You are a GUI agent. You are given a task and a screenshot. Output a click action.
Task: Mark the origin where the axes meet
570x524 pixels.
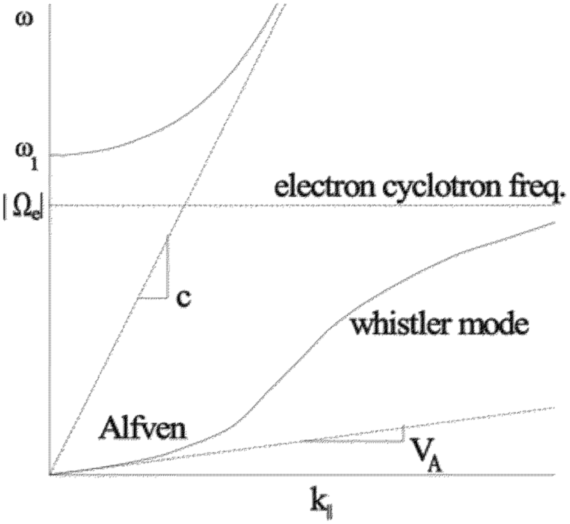point(50,474)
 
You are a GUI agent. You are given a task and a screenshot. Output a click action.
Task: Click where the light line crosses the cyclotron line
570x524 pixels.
point(183,206)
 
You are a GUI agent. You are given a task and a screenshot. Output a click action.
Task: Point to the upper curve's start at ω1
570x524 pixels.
point(52,155)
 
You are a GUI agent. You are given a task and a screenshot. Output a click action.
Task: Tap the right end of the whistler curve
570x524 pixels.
point(554,222)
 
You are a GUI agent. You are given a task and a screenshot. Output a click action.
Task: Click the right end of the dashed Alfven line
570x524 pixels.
point(554,408)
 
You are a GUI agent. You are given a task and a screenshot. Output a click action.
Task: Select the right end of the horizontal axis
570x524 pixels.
point(554,474)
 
